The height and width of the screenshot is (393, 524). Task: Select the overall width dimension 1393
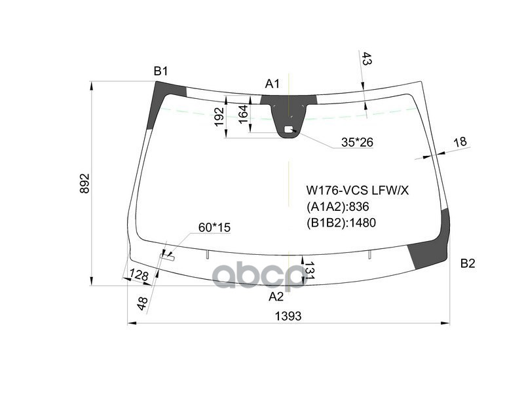(x=288, y=316)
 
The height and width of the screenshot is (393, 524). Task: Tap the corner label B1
(x=161, y=71)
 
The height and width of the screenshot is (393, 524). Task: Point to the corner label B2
(x=467, y=264)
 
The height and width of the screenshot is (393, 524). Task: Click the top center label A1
(x=272, y=83)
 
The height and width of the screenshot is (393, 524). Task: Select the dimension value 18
(x=460, y=141)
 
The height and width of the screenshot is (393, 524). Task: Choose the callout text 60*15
(x=214, y=227)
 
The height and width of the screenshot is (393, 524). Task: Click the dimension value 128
(x=138, y=275)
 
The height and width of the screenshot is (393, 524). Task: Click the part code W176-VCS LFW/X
(x=358, y=191)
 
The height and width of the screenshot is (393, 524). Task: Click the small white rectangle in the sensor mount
(x=288, y=130)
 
